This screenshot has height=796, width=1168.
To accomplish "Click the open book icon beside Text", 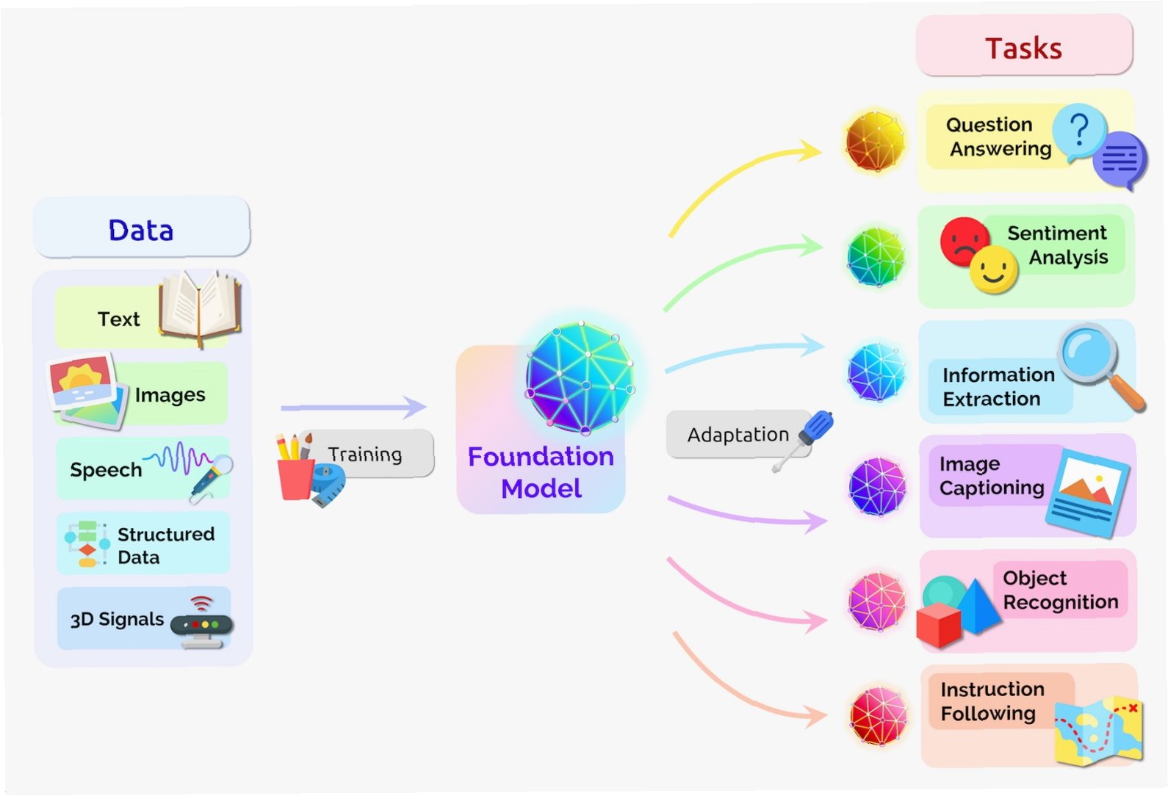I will [x=199, y=307].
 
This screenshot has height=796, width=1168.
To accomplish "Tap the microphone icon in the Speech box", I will [x=212, y=475].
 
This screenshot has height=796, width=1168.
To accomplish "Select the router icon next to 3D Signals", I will [x=201, y=624].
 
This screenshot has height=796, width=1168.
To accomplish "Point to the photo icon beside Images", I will [x=85, y=389].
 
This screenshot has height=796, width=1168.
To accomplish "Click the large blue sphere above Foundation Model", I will [x=580, y=377].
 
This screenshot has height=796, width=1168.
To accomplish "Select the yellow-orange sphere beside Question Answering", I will [x=874, y=142].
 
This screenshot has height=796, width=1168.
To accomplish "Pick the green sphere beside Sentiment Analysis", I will [x=875, y=257].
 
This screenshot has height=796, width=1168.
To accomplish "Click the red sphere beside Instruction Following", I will [x=878, y=716].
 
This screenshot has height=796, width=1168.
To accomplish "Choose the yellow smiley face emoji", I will [x=993, y=270].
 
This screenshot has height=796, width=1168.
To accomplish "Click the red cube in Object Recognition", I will [x=939, y=625].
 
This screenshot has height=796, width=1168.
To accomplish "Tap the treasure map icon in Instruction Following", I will [x=1099, y=730].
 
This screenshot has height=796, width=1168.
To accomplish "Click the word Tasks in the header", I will [x=1023, y=48].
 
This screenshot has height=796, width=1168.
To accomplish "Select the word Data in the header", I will [x=141, y=231].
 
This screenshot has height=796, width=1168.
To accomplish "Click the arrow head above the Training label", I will [x=415, y=407].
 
